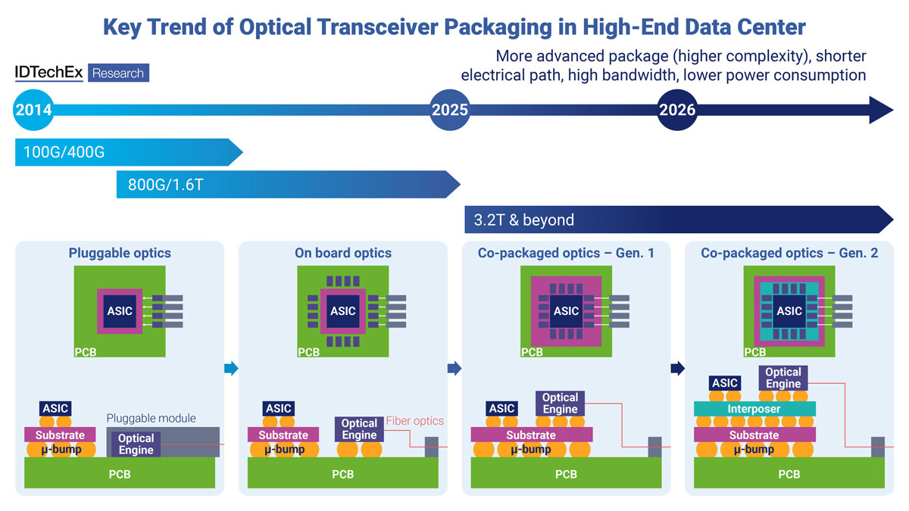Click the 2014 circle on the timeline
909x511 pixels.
click(33, 110)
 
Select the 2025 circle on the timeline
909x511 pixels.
click(450, 110)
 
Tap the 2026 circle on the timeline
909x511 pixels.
click(677, 110)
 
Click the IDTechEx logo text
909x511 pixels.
click(49, 73)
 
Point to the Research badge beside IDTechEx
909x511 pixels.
click(118, 73)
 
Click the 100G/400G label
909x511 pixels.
click(64, 153)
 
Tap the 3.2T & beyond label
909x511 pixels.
click(523, 220)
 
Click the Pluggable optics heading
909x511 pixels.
click(120, 254)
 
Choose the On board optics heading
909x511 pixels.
click(343, 254)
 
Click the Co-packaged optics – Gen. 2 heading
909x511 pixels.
click(789, 254)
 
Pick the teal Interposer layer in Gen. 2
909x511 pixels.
click(754, 409)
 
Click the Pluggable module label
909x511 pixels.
click(151, 418)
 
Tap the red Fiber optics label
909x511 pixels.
click(415, 421)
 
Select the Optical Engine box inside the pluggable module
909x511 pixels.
click(136, 444)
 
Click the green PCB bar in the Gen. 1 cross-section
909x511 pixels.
click(566, 475)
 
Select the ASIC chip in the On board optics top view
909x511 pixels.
click(343, 310)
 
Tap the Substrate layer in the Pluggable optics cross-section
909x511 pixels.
click(60, 435)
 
